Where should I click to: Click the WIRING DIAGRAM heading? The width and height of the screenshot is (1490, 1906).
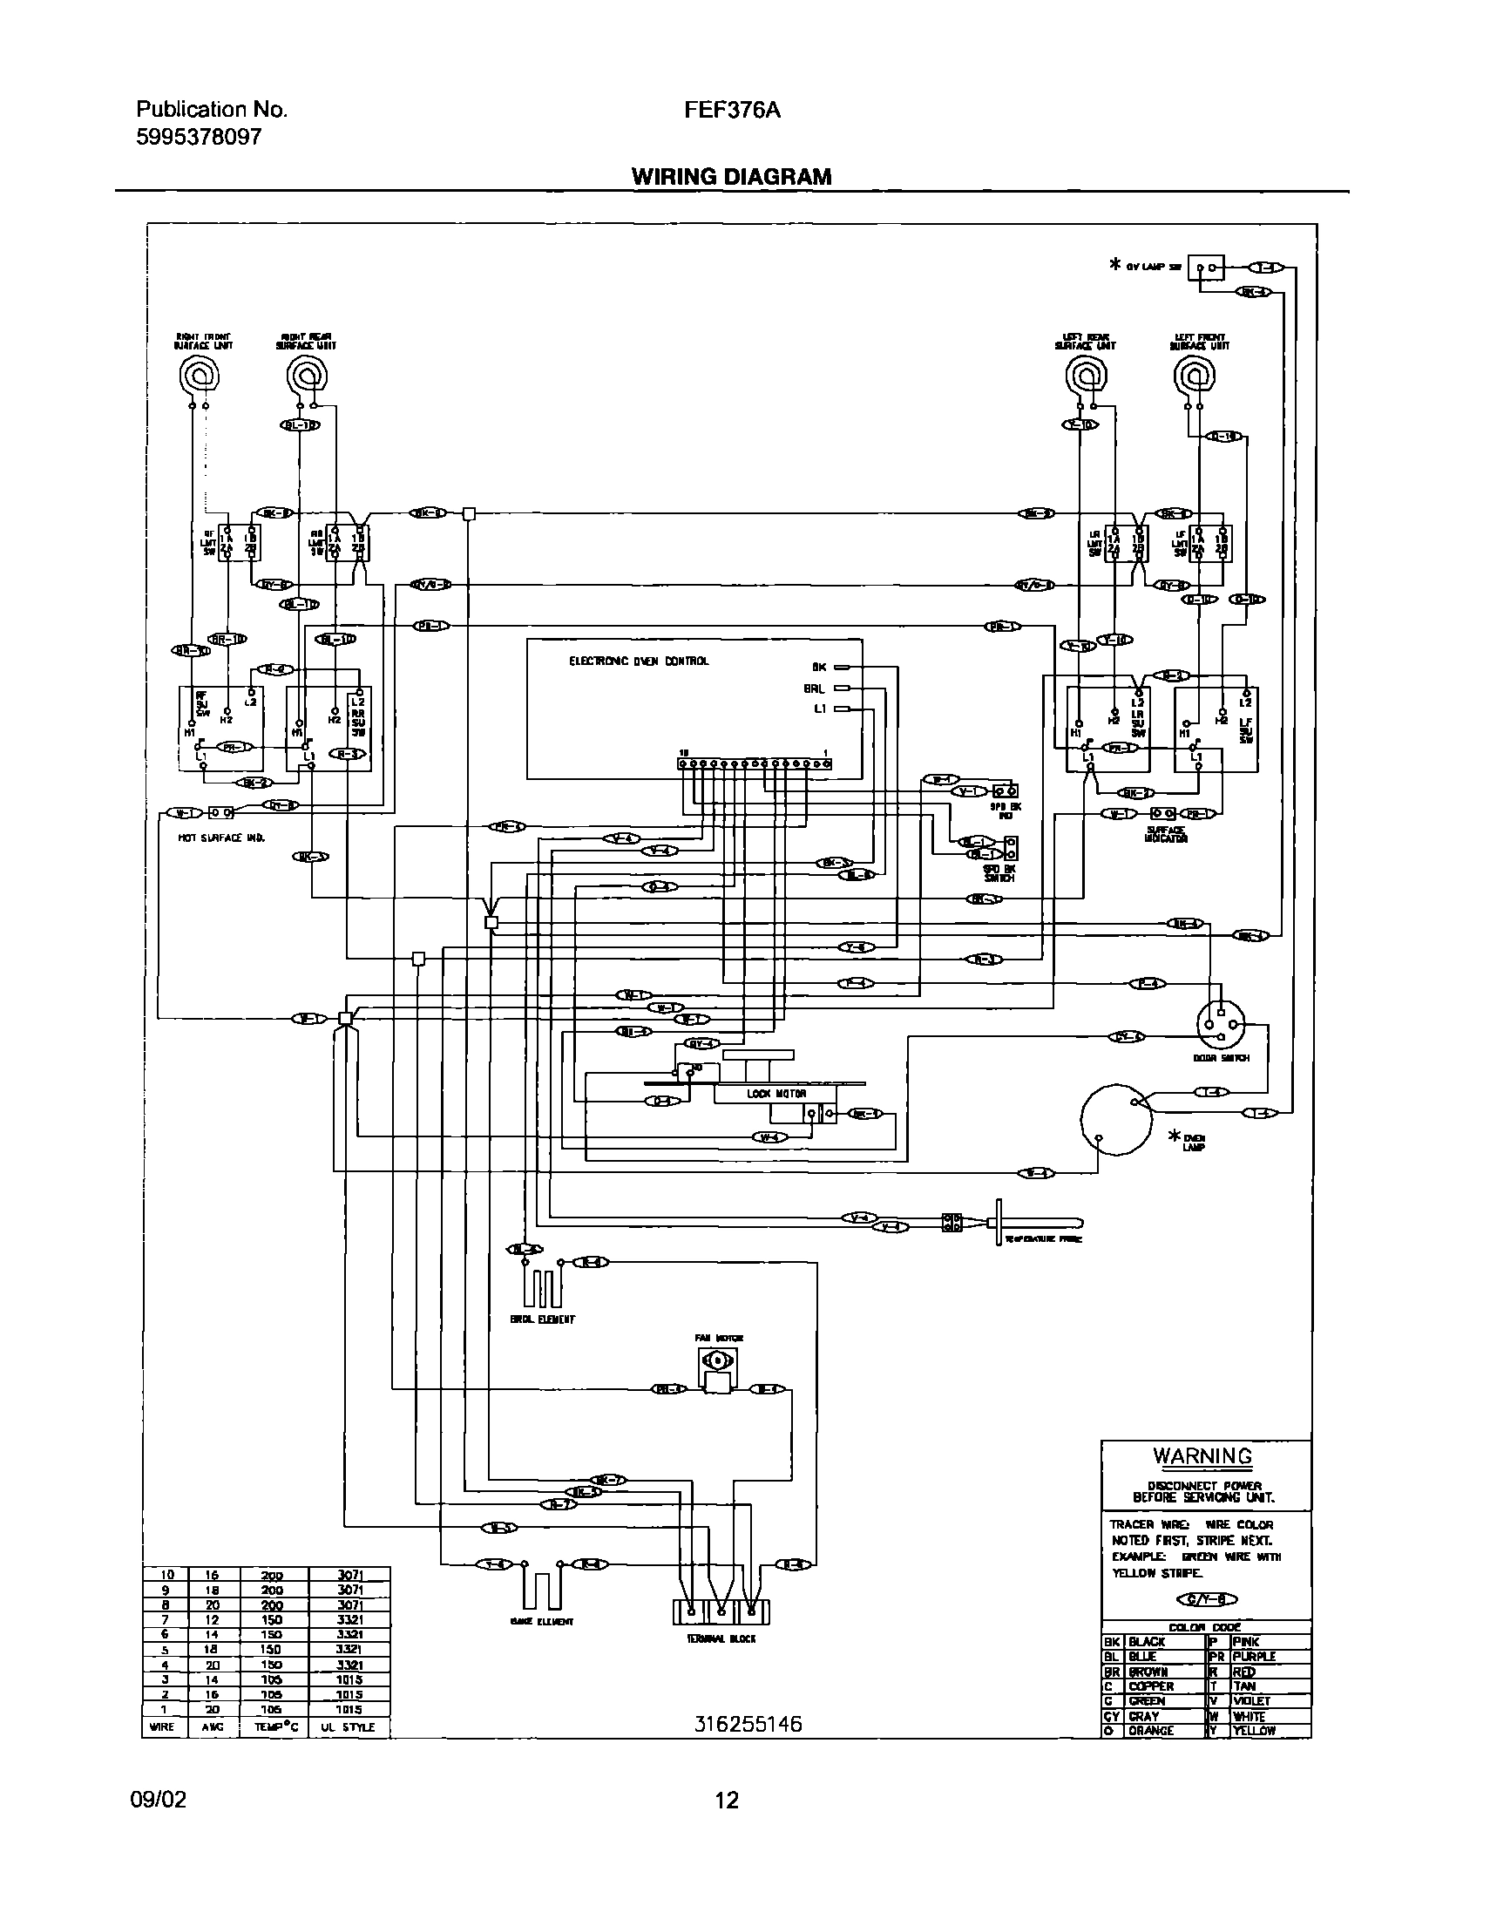pos(731,177)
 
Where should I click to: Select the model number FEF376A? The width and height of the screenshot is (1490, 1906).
pos(731,111)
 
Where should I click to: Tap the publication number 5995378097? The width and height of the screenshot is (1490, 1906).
pos(198,137)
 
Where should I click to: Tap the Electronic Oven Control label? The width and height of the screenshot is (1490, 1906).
pos(639,661)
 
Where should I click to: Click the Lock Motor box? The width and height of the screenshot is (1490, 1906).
pos(775,1094)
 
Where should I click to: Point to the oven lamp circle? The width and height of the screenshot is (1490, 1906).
pos(1117,1120)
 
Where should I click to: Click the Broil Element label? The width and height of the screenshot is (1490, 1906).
pos(543,1320)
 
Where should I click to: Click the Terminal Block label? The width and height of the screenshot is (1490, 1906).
pos(721,1639)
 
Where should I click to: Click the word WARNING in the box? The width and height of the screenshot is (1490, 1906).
pos(1202,1456)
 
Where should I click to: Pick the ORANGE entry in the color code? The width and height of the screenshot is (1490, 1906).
pos(1150,1730)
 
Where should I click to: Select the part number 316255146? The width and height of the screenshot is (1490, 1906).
pos(748,1725)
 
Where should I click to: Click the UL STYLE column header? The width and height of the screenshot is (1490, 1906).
pos(347,1726)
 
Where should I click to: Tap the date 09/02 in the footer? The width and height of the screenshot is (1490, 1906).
pos(158,1800)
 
